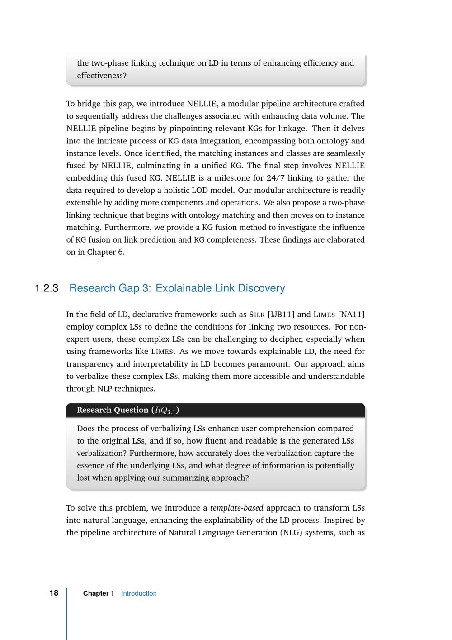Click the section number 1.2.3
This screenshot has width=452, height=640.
[x=47, y=288]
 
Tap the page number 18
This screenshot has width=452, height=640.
[x=54, y=593]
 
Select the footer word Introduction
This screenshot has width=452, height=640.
[x=139, y=593]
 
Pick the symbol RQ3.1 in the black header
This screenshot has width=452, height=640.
[x=165, y=411]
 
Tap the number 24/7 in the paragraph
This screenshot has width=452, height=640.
[x=275, y=178]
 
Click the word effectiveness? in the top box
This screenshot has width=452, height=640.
[x=102, y=76]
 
